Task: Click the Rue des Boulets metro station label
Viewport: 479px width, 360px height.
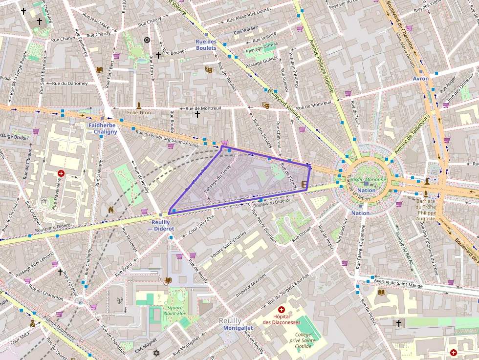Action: coord(206,45)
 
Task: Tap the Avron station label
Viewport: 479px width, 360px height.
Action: coord(420,79)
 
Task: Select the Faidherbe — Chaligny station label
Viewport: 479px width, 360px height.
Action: coord(103,128)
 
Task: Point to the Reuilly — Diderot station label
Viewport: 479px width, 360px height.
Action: coord(161,225)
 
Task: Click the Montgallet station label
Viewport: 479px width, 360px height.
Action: coord(238,328)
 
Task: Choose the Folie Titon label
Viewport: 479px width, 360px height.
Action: coord(139,112)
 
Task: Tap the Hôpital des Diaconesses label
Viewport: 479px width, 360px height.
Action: coord(281,319)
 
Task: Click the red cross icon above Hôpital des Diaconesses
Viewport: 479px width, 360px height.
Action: coord(282,310)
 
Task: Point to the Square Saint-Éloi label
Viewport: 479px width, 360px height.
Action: coord(174,311)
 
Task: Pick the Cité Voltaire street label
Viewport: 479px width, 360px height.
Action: coord(245,32)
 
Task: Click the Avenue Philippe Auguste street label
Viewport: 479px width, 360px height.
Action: coord(322,66)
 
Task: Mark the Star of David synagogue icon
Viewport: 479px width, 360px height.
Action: coord(157,353)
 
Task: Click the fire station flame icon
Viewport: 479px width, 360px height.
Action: coord(111,210)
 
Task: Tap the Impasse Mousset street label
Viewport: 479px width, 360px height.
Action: coord(251,286)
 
